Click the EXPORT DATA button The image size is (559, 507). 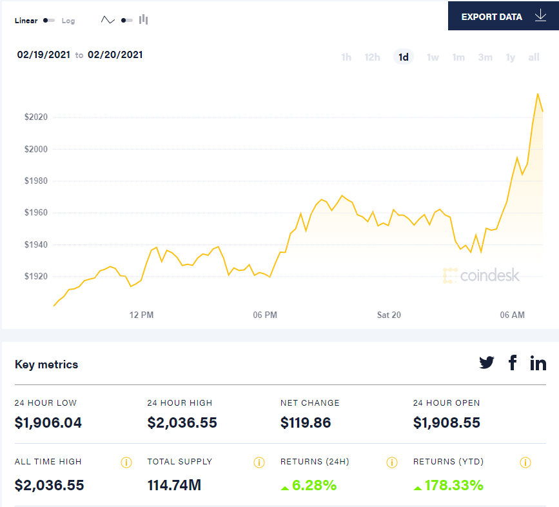click(x=503, y=16)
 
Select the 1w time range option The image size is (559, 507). click(x=433, y=57)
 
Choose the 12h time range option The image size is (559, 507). click(x=372, y=57)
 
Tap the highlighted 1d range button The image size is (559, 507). click(x=404, y=57)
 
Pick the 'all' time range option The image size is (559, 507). click(x=534, y=57)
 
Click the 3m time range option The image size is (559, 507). click(x=485, y=57)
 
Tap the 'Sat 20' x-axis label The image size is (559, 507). click(x=389, y=315)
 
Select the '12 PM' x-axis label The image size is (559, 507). click(x=141, y=315)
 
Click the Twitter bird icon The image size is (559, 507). click(x=487, y=363)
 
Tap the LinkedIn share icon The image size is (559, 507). click(x=538, y=363)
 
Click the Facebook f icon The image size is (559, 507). click(x=513, y=363)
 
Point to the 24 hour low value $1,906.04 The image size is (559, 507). click(x=48, y=423)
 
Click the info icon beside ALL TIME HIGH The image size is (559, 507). click(x=126, y=462)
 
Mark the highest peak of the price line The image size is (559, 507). click(x=538, y=94)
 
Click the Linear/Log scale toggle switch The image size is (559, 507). click(x=49, y=21)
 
